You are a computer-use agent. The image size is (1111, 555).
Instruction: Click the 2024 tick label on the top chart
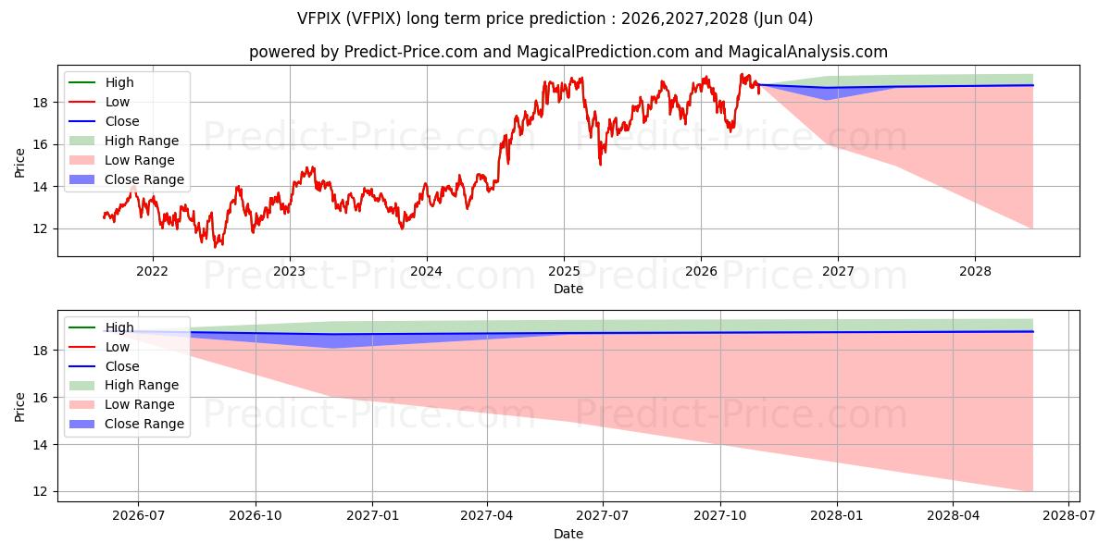coord(427,272)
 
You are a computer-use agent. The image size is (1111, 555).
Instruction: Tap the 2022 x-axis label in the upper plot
coord(152,272)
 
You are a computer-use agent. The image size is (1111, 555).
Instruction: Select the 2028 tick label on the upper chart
coord(975,272)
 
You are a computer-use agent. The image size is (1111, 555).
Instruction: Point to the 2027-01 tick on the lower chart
coord(372,516)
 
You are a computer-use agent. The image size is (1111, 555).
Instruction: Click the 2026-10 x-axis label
coord(256,516)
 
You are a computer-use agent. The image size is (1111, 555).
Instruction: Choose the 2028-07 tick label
coord(1068,516)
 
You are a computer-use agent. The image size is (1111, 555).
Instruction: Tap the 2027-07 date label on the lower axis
coord(603,516)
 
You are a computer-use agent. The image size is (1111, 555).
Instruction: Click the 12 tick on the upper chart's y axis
coord(40,229)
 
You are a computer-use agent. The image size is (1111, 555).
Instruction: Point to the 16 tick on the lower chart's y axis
coord(40,398)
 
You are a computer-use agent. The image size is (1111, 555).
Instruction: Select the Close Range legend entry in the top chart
coord(127,179)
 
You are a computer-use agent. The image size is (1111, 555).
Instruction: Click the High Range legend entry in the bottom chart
coord(124,385)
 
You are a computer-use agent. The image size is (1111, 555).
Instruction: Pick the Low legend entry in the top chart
coord(99,102)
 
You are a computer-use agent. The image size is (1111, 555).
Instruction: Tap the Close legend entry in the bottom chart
coord(104,366)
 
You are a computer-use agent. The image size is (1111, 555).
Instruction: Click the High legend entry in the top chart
coord(101,82)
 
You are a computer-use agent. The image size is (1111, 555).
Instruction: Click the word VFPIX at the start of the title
coord(318,18)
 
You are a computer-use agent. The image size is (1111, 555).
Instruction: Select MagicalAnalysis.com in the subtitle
coord(807,52)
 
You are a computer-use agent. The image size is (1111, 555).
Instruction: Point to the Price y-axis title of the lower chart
coord(19,407)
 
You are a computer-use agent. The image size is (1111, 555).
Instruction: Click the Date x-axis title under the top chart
coord(568,289)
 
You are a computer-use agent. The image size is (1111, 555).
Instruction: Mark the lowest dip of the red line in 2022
coord(215,246)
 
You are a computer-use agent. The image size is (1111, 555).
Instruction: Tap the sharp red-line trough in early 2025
coord(600,164)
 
